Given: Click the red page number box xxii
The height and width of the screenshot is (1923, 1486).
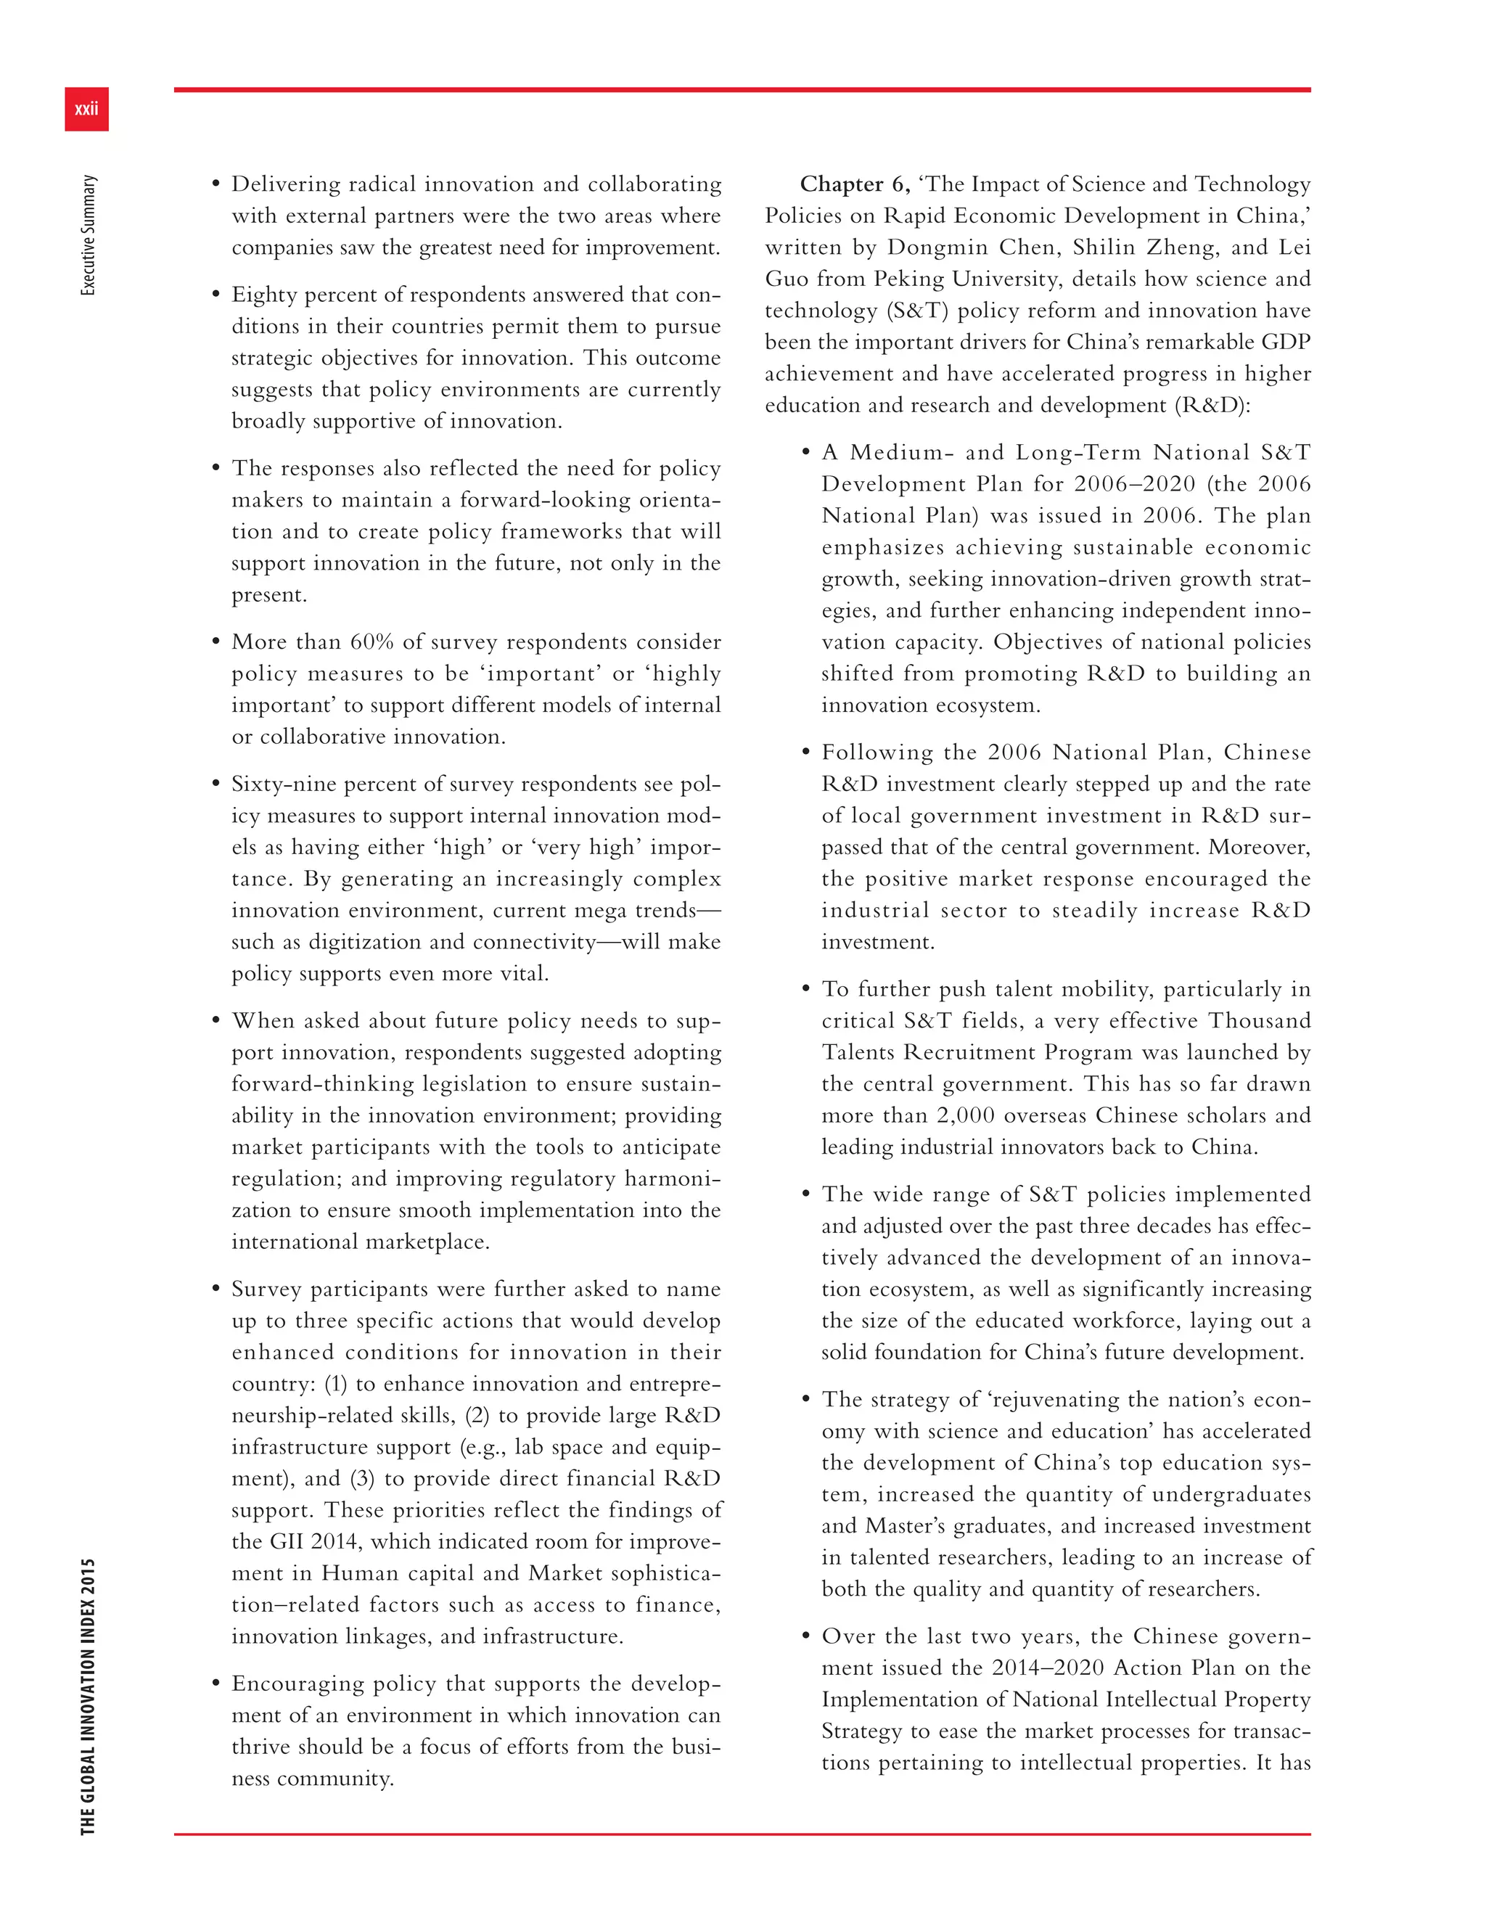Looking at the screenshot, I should click(x=86, y=109).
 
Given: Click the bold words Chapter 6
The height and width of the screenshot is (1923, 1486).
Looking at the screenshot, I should click(x=853, y=184).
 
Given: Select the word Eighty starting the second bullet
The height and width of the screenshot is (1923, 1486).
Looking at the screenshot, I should click(x=263, y=295).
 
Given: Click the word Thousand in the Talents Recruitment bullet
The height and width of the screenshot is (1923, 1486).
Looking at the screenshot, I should click(x=1259, y=1020).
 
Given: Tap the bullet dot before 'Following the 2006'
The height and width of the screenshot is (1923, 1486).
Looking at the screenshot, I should click(x=805, y=753).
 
